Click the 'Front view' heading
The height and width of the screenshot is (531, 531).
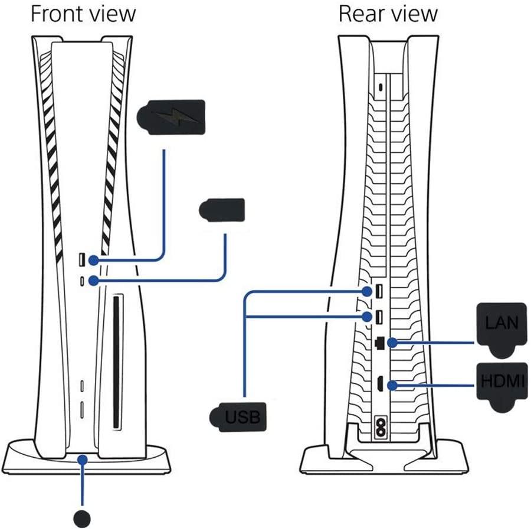[x=83, y=14]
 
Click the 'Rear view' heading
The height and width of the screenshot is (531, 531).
[x=388, y=14]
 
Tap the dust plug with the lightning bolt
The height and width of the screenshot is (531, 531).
[x=171, y=116]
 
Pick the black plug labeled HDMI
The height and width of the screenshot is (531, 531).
[x=503, y=386]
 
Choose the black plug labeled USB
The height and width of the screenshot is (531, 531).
[x=238, y=417]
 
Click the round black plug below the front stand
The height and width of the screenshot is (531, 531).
[x=82, y=518]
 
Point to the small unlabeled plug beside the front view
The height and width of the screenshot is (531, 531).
[x=222, y=210]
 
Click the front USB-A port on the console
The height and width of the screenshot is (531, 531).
[x=81, y=260]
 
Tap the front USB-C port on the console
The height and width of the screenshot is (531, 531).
[x=81, y=281]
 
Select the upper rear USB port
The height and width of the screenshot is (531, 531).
[x=379, y=291]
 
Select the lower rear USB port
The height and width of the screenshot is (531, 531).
[x=379, y=317]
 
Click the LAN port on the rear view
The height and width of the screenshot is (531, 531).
[x=380, y=343]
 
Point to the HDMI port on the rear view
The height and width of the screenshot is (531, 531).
[x=381, y=384]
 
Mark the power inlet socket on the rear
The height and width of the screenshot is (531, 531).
[x=381, y=428]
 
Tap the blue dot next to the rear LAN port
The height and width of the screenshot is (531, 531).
[x=392, y=343]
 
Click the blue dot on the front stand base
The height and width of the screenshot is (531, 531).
[x=82, y=460]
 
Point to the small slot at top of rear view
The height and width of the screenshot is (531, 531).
[x=381, y=87]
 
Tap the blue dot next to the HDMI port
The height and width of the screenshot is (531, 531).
[x=392, y=386]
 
